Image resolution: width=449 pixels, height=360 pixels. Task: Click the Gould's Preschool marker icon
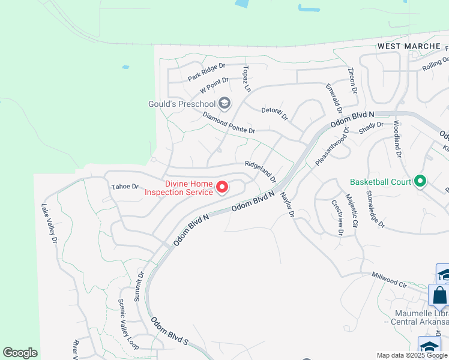tap(224, 104)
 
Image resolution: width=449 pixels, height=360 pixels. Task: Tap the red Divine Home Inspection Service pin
tap(222, 188)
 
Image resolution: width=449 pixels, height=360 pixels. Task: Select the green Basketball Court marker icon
tap(420, 181)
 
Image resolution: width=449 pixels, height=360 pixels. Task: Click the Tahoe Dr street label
tap(125, 187)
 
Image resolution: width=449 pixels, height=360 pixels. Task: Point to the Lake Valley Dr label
tap(49, 223)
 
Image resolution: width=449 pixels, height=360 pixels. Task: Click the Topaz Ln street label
tap(246, 79)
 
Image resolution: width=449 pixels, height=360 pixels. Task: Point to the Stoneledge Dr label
tap(374, 211)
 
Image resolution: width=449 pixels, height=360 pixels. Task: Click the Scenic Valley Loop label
tap(128, 325)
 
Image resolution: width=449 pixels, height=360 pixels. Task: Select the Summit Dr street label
tap(140, 287)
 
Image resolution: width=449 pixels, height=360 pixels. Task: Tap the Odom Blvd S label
tap(169, 332)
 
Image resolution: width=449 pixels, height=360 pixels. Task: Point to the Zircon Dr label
tap(352, 80)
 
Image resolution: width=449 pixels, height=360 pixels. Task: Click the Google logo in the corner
tap(20, 353)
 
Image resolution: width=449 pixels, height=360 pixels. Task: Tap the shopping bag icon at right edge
tap(439, 296)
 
